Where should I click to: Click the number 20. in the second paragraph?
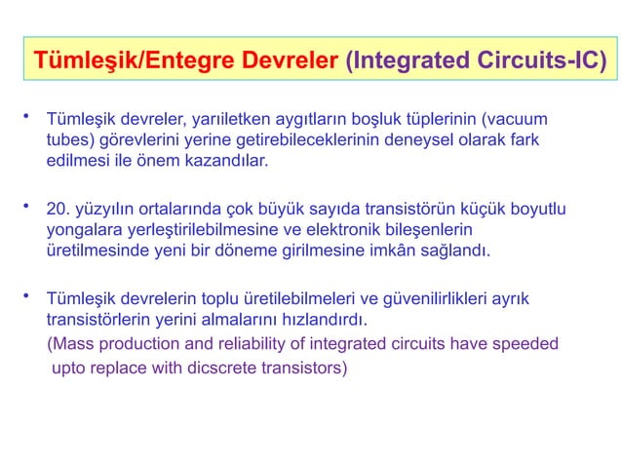click(x=60, y=209)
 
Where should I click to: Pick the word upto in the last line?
click(x=69, y=370)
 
